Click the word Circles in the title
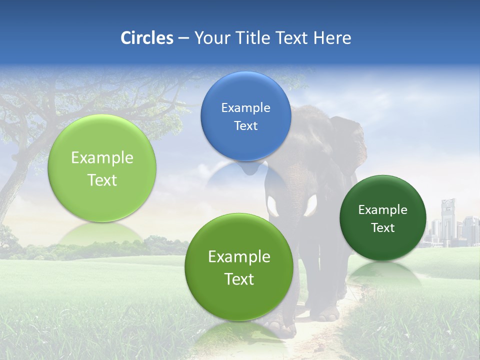pos(146,38)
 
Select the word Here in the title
pos(332,38)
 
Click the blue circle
pos(245,116)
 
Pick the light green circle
pos(102,168)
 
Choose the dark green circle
pos(383,218)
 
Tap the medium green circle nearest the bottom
pos(239,267)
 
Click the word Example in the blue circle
pos(245,107)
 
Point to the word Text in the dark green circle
pos(383,228)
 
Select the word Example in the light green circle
pos(102,158)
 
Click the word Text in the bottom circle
pos(239,279)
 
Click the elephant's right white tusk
pos(311,205)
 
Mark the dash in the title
pos(183,38)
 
